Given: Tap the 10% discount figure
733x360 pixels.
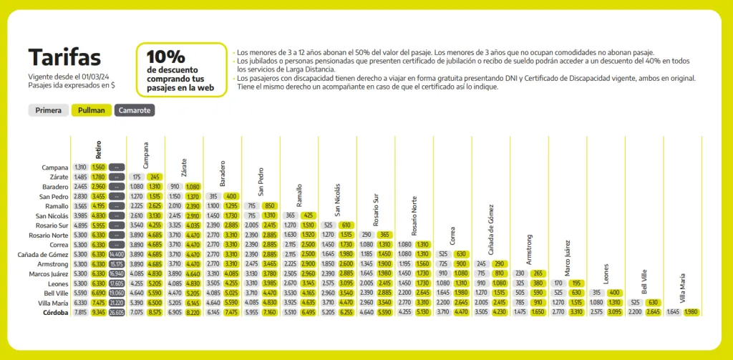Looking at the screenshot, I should pos(165,57).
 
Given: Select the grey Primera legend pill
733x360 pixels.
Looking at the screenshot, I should pos(48,110).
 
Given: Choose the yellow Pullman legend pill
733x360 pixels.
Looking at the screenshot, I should pos(92,110).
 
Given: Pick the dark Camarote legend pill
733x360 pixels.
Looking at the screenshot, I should pos(135,110).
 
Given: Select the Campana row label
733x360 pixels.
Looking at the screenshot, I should pos(55,167).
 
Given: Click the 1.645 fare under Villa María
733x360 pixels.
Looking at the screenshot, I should pos(673,312).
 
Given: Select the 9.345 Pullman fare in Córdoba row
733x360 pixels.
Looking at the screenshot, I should pos(99,312).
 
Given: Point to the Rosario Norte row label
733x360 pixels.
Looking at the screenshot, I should pos(48,235).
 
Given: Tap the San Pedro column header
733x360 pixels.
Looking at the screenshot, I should pos(261,183).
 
